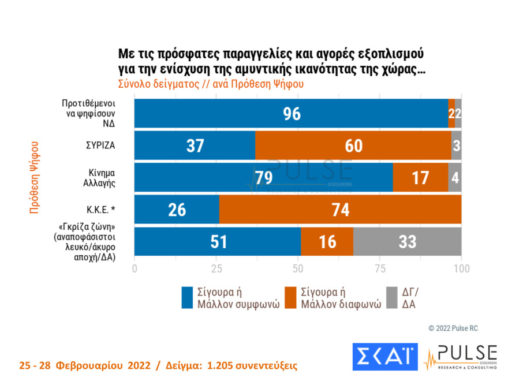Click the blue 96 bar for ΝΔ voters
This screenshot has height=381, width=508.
(x=291, y=113)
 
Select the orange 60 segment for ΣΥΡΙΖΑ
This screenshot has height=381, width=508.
(x=353, y=145)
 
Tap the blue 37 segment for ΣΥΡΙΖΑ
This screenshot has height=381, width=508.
(x=195, y=145)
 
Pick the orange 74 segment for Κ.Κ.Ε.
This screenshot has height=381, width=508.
(x=340, y=210)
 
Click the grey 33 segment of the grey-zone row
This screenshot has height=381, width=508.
(x=407, y=241)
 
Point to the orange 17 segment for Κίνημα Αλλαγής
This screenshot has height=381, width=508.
(x=420, y=177)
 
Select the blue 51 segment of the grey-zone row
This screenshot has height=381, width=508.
(x=218, y=241)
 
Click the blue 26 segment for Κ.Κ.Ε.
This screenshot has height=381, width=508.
(x=177, y=210)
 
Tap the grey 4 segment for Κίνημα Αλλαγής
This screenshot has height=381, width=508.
(x=455, y=177)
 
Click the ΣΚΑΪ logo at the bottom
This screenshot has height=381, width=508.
(x=384, y=356)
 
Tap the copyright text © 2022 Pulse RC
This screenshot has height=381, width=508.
(x=453, y=328)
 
